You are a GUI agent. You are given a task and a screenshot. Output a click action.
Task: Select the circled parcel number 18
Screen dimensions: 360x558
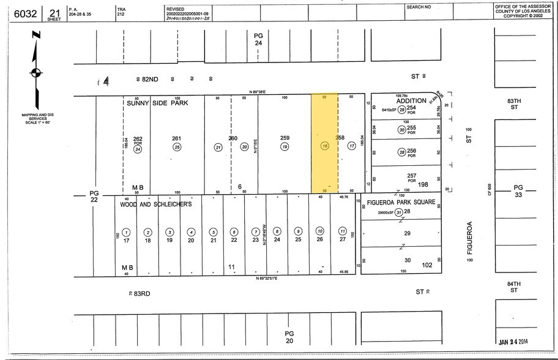tap(325, 146)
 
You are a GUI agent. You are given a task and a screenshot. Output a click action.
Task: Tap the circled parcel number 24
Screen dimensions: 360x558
tap(138, 149)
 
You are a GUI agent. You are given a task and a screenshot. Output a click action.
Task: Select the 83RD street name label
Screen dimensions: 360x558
tap(141, 293)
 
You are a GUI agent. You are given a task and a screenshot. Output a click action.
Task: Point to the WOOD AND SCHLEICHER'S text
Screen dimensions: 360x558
tap(156, 204)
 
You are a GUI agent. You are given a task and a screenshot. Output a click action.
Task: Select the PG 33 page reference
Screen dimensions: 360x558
tap(518, 191)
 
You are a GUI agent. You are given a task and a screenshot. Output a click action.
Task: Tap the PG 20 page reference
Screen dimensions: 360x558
tap(289, 336)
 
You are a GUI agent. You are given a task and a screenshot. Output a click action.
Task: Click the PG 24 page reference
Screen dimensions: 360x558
tap(258, 40)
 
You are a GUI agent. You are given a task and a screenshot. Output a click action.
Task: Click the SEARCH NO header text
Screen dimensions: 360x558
tap(418, 7)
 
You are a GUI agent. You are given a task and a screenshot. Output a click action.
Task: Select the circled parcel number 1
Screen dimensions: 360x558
tap(126, 232)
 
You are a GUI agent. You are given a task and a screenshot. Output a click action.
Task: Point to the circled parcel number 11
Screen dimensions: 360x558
tap(343, 231)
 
